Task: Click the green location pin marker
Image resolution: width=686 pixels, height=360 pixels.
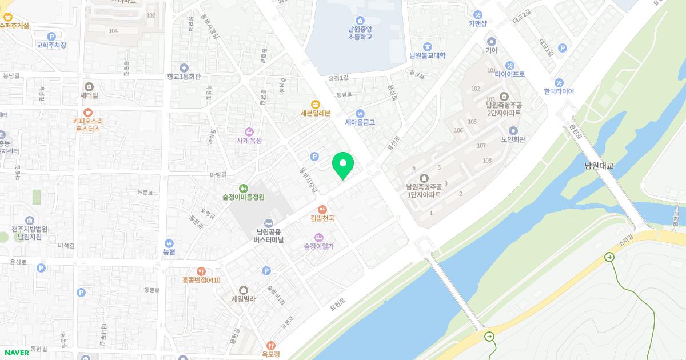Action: (x=343, y=165)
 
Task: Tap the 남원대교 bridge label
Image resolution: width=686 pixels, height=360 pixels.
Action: (x=599, y=166)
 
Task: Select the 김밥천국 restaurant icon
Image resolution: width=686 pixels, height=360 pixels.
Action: (x=322, y=209)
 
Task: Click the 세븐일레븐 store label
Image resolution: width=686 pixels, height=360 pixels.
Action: (x=316, y=113)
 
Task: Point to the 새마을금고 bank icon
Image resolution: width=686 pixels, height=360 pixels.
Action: (x=360, y=113)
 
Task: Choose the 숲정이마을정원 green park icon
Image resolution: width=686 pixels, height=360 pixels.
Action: (x=244, y=188)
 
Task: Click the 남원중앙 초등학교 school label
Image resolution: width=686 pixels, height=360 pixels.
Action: (x=360, y=33)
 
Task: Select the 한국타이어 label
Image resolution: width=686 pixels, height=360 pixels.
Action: (x=559, y=91)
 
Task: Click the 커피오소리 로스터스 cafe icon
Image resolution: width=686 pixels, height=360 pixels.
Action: (x=88, y=113)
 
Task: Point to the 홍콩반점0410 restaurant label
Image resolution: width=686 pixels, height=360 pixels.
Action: (x=201, y=280)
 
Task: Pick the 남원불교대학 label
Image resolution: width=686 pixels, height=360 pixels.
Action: (x=427, y=55)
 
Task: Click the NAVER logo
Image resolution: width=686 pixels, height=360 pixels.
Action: (x=17, y=353)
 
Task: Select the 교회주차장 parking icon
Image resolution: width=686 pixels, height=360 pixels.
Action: (x=51, y=37)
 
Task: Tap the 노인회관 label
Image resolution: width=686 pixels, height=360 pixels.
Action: (x=513, y=139)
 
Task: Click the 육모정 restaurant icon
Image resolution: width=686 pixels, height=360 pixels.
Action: (x=271, y=345)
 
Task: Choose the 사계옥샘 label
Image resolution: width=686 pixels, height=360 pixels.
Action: (x=249, y=140)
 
